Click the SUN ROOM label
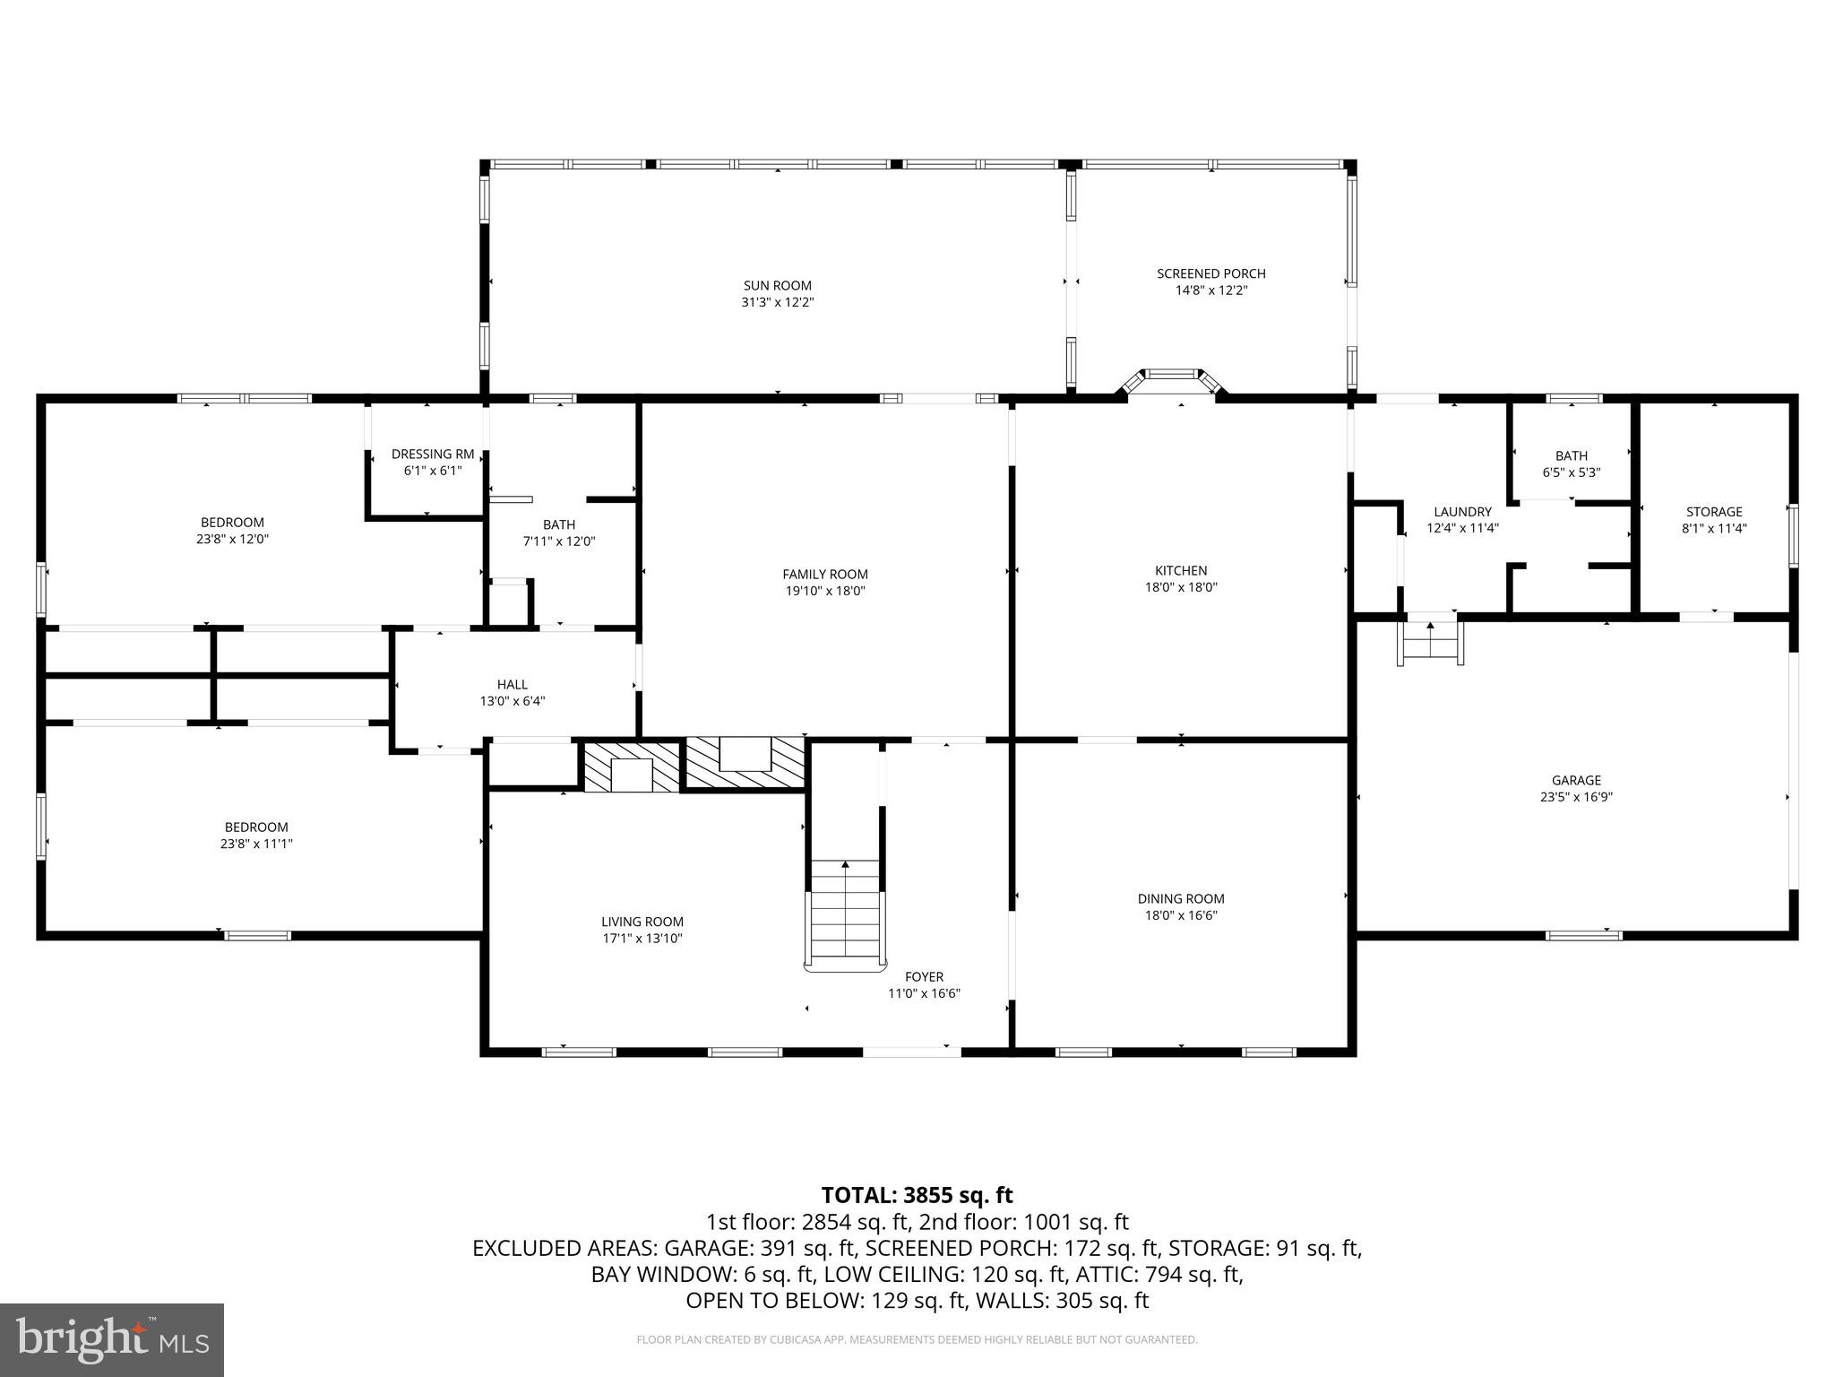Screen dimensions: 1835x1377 [x=777, y=286]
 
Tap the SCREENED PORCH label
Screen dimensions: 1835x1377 [x=1211, y=273]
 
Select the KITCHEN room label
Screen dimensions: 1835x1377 [x=1181, y=570]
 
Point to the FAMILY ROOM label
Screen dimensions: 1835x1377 [x=825, y=575]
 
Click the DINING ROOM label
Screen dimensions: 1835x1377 [x=1181, y=898]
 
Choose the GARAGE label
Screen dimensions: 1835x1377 [x=1576, y=780]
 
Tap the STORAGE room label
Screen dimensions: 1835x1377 [x=1714, y=512]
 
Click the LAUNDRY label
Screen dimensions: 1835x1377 [x=1462, y=512]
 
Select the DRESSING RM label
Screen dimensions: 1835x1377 [x=433, y=455]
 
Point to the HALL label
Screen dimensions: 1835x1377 [x=513, y=684]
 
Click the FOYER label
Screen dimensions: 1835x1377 [x=924, y=976]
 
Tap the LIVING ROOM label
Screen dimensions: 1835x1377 [x=642, y=922]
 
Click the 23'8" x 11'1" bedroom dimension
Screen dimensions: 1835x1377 [x=256, y=844]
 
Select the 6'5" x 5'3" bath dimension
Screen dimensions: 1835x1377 [x=1572, y=472]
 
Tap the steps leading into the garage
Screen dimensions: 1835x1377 [x=1430, y=639]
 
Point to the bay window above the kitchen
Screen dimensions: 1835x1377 [x=1172, y=383]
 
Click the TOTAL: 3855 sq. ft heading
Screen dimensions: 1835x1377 [x=917, y=1195]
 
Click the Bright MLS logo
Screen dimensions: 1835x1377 [x=112, y=1340]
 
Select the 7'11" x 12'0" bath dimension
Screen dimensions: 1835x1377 [x=559, y=541]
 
